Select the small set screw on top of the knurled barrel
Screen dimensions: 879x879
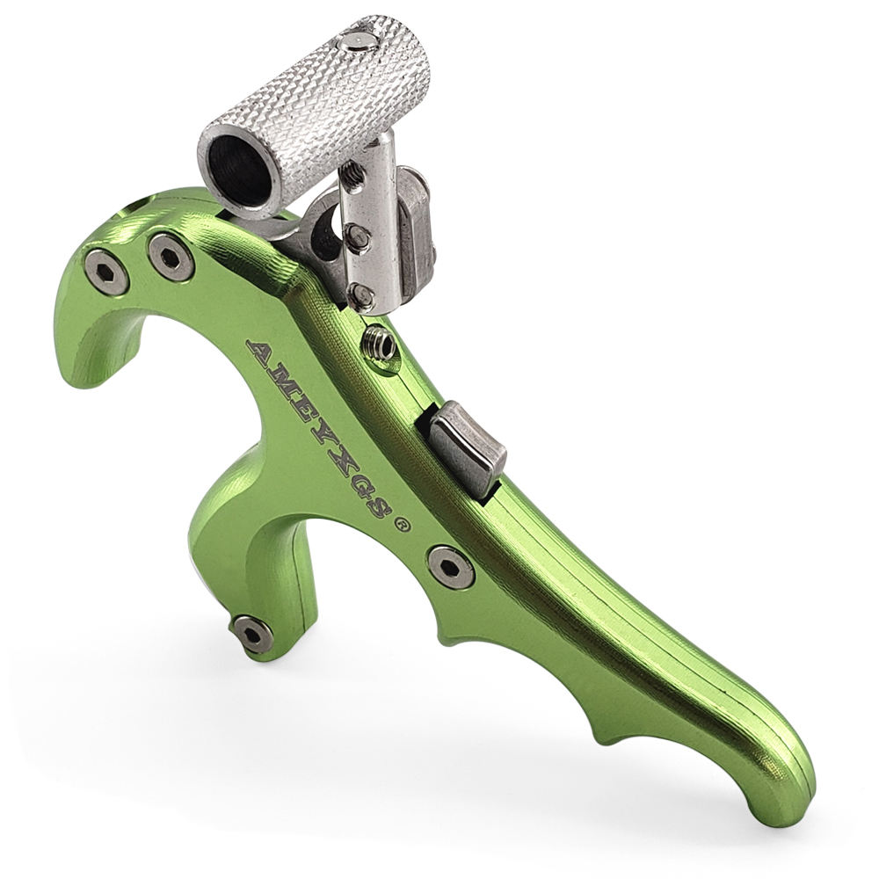pyautogui.click(x=359, y=40)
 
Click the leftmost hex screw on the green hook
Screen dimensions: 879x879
pyautogui.click(x=106, y=272)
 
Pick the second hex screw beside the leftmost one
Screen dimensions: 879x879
pyautogui.click(x=171, y=257)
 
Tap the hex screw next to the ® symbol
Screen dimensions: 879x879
pyautogui.click(x=451, y=567)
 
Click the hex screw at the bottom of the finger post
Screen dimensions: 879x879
pyautogui.click(x=252, y=634)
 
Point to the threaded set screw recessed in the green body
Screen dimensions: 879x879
pyautogui.click(x=379, y=344)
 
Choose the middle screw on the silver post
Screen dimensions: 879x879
pyautogui.click(x=356, y=236)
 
